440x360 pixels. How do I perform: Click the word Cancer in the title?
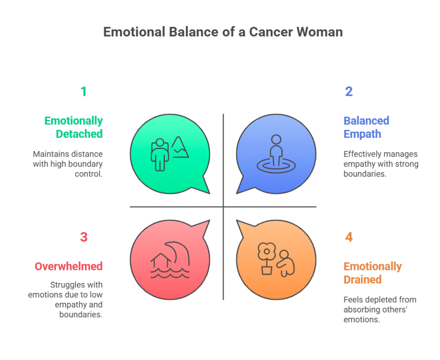(x=271, y=32)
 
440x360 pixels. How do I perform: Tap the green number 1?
(x=84, y=92)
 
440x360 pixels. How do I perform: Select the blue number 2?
(x=348, y=92)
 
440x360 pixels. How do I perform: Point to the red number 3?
(x=84, y=237)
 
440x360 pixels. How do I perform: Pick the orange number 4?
(x=349, y=237)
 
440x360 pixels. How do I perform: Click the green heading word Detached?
(x=79, y=134)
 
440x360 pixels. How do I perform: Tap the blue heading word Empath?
(x=362, y=134)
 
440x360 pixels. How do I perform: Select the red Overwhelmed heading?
(x=68, y=266)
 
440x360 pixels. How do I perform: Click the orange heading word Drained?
(x=363, y=280)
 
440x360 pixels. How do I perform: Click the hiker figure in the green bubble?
(x=160, y=155)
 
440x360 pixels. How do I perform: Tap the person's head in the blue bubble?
(x=276, y=139)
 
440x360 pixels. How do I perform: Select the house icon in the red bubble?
(x=161, y=260)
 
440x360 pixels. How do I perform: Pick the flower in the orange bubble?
(x=266, y=252)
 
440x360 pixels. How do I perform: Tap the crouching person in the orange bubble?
(x=286, y=263)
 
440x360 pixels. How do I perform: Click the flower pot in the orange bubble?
(x=266, y=270)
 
